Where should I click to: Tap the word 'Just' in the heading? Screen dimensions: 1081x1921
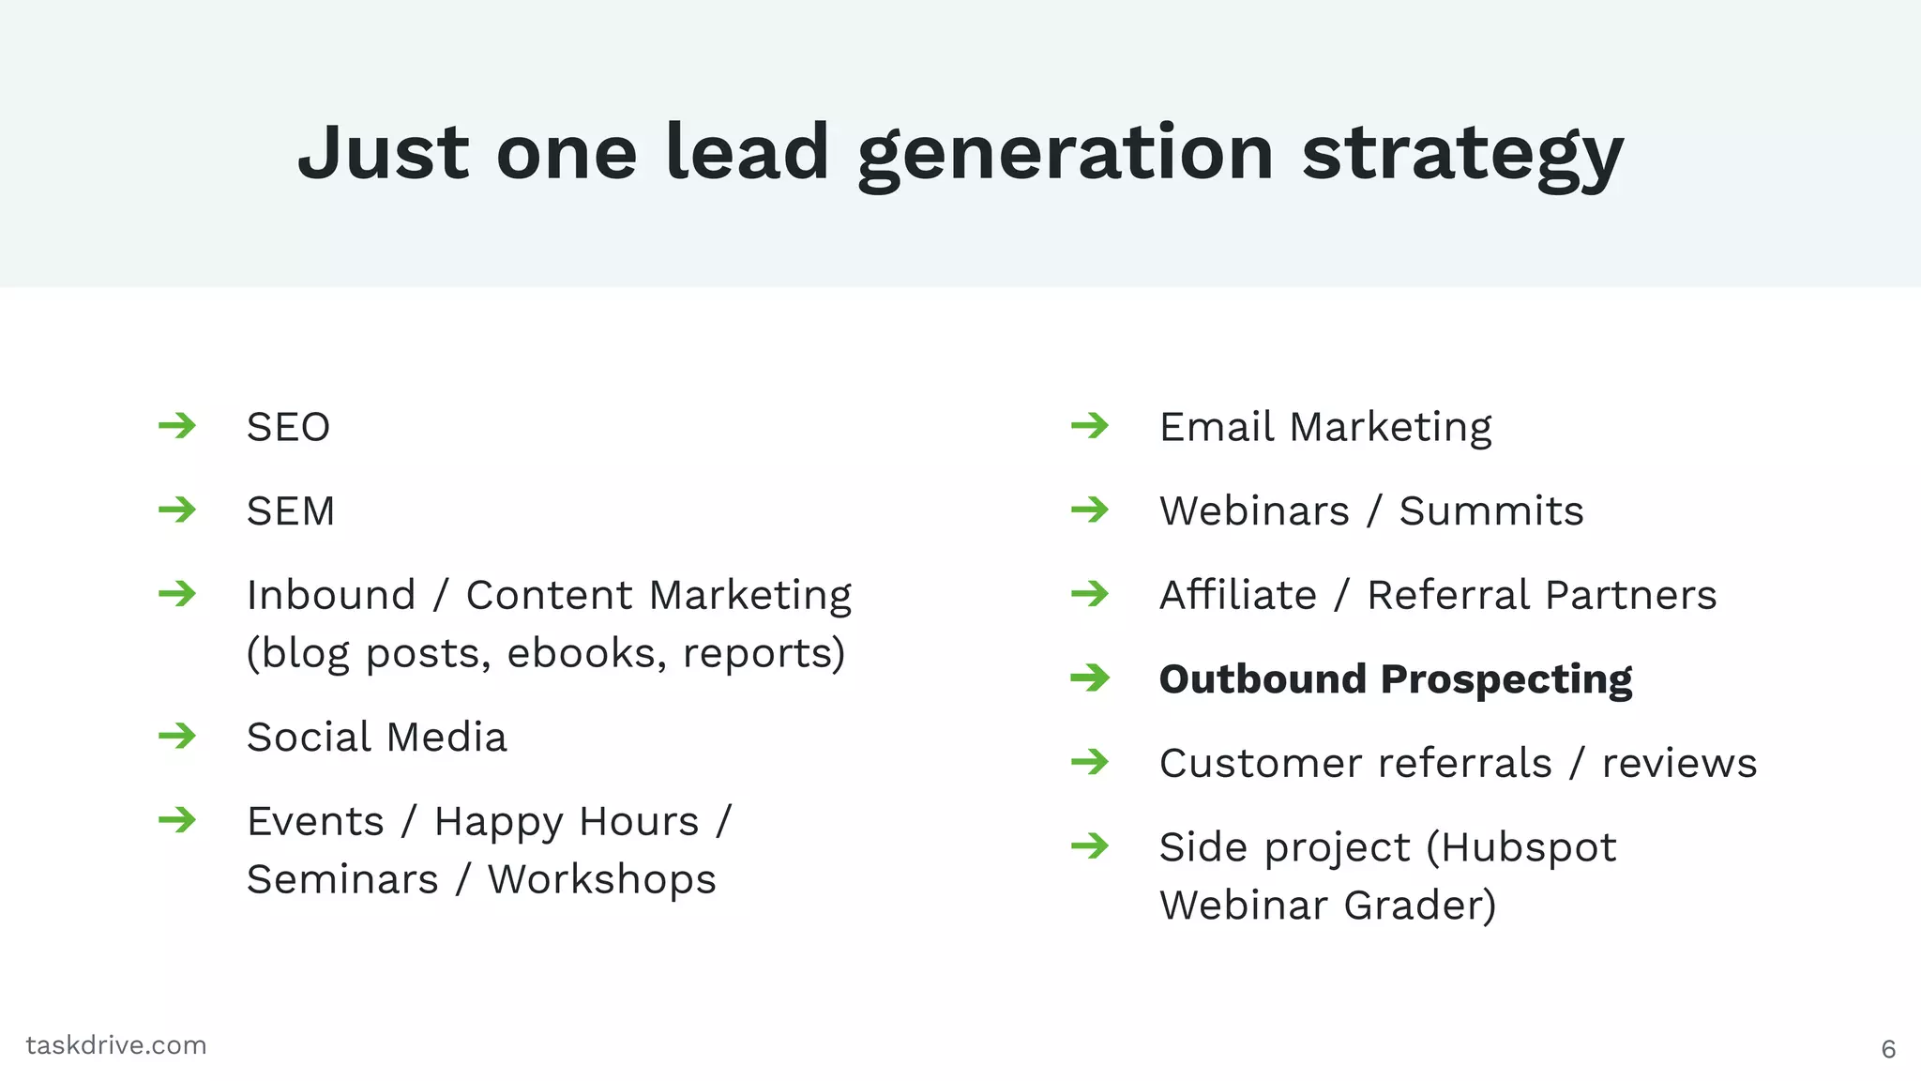(x=383, y=152)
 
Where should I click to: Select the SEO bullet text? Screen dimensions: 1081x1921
(x=288, y=428)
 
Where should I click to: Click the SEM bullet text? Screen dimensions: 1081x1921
(x=291, y=512)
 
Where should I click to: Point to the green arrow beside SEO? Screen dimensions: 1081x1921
(x=177, y=426)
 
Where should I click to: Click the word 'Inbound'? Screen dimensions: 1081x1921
(x=331, y=596)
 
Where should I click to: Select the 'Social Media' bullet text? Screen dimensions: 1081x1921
(x=376, y=738)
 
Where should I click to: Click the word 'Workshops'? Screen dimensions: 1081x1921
(x=601, y=880)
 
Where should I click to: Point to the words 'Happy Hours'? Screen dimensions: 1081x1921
(x=567, y=822)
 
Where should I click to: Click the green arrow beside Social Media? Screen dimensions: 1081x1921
(x=177, y=736)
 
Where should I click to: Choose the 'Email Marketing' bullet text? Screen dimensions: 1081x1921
(x=1324, y=428)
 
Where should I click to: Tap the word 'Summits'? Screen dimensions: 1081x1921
(x=1490, y=512)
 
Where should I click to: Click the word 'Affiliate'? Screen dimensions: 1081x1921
(x=1238, y=596)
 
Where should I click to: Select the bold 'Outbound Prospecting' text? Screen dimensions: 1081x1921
(x=1395, y=679)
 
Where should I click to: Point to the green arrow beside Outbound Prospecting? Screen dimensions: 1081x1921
(x=1090, y=678)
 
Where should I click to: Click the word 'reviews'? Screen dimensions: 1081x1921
(x=1679, y=764)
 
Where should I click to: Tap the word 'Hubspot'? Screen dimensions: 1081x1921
(x=1529, y=848)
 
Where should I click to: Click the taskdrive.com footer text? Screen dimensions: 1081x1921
(x=116, y=1045)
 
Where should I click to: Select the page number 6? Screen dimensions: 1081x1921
(x=1888, y=1049)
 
